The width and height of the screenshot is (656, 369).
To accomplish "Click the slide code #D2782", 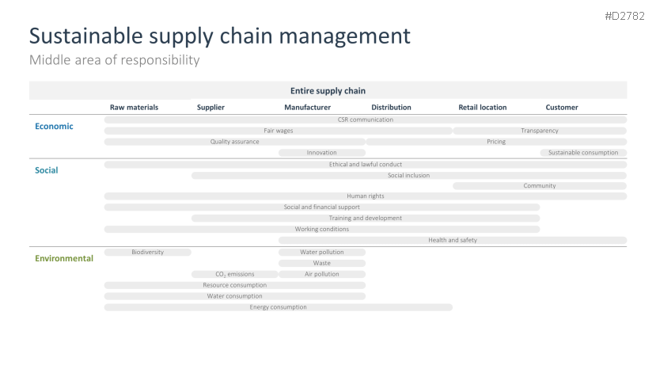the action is click(x=624, y=17).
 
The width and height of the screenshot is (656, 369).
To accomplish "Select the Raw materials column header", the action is click(x=134, y=107).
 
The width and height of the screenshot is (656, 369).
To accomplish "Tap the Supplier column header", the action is click(x=210, y=107).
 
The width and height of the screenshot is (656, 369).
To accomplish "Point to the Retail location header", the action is click(x=483, y=107).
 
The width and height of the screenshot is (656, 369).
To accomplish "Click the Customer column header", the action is click(x=562, y=107).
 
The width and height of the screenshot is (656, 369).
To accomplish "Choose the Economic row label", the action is click(x=54, y=126).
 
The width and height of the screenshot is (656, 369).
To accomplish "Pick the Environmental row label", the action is click(x=64, y=258).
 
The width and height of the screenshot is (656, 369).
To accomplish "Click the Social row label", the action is click(x=47, y=170).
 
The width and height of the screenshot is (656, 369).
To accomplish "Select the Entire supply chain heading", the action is click(x=328, y=91).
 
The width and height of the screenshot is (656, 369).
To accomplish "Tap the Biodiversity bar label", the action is click(x=148, y=252).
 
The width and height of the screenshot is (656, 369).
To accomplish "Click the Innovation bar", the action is click(x=322, y=153).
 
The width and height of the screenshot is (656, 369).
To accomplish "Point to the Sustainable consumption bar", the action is click(x=583, y=153).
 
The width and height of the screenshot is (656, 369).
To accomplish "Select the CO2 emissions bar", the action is click(x=235, y=274).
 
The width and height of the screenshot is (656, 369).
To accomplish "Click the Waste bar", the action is click(x=322, y=264).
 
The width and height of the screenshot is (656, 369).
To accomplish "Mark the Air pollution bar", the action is click(x=322, y=274).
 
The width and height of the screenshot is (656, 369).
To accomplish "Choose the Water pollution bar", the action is click(x=322, y=252).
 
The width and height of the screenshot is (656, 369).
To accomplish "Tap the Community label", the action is click(x=540, y=186).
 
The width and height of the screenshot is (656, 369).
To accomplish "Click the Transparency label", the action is click(x=540, y=131).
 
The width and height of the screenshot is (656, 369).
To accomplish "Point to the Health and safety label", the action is click(x=453, y=241).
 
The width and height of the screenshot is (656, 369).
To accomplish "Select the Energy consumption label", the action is click(x=279, y=307).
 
